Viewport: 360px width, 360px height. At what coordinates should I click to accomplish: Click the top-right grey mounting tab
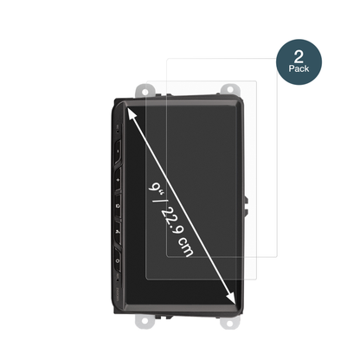pyautogui.click(x=231, y=88)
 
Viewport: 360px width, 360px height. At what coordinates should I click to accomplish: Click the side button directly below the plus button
pyautogui.click(x=118, y=206)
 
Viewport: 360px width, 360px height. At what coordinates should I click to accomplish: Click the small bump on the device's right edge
pyautogui.click(x=248, y=208)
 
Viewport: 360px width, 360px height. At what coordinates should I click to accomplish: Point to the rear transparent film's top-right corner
pyautogui.click(x=257, y=61)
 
